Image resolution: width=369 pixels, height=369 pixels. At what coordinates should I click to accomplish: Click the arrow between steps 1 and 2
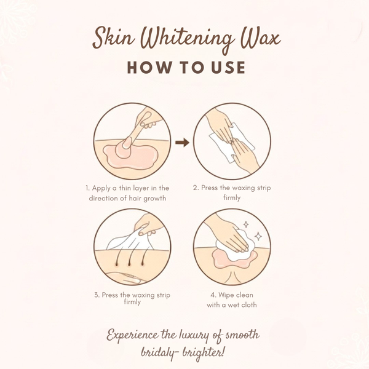click(x=182, y=143)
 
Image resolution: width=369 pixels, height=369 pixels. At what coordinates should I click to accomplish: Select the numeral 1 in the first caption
click(x=87, y=187)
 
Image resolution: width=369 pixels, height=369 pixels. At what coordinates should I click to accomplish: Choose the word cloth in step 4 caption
click(x=247, y=304)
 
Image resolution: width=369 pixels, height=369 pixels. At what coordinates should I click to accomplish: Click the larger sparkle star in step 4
click(x=258, y=236)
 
